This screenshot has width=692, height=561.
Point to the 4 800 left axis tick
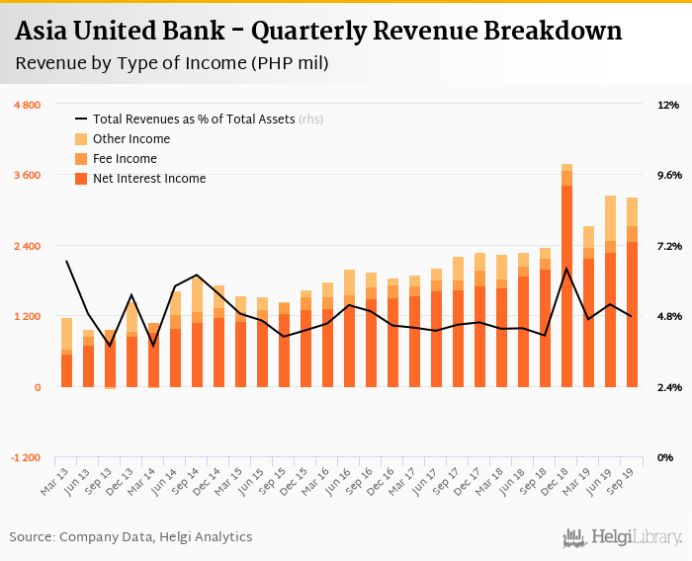tap(26, 105)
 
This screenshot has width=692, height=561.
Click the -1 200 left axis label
tap(26, 458)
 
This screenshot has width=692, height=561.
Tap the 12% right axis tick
tap(668, 105)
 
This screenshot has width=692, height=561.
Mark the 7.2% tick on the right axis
tap(668, 246)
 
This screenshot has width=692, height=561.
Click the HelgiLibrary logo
tap(622, 537)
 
